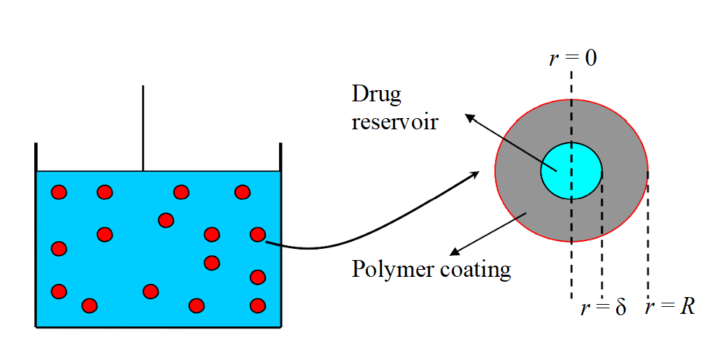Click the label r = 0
573,57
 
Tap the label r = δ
604,308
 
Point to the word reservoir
394,122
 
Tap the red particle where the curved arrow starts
258,235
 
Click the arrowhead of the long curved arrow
476,173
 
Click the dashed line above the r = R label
648,238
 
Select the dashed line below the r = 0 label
572,91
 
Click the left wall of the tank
36,238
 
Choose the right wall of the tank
280,238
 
